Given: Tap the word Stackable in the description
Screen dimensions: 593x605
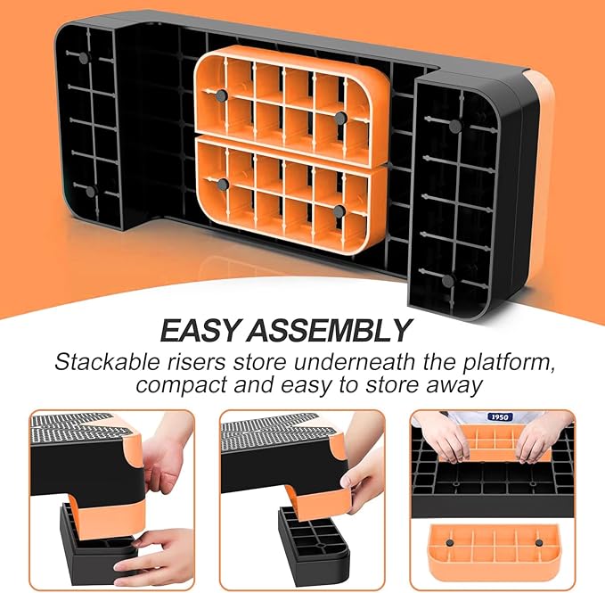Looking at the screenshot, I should point(99,363).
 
